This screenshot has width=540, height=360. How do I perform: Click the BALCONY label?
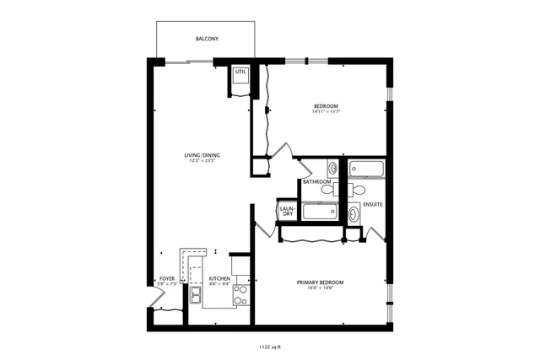(x=207, y=39)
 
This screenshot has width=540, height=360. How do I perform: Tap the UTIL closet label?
(x=240, y=72)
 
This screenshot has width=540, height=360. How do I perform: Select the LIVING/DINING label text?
(x=202, y=155)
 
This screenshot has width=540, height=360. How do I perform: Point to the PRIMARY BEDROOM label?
(x=320, y=282)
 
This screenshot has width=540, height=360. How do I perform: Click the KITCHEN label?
(x=220, y=278)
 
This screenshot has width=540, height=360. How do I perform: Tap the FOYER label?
(x=167, y=278)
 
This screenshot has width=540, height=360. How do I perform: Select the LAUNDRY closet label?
(x=288, y=211)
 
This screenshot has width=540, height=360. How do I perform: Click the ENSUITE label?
(x=373, y=204)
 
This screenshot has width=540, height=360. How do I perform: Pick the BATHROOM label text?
(x=316, y=181)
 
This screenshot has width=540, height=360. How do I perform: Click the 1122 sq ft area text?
(x=270, y=347)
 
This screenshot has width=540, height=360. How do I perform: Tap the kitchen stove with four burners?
(x=240, y=294)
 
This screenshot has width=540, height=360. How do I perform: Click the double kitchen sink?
(x=196, y=295)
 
